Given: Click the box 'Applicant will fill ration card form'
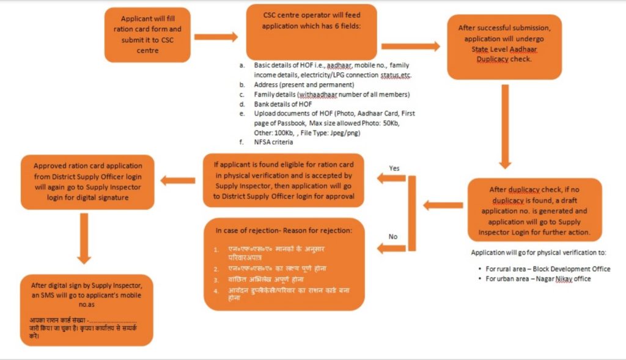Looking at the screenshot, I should [147, 35].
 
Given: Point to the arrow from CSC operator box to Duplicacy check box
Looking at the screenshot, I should [410, 45].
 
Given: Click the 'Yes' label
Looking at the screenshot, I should [394, 168].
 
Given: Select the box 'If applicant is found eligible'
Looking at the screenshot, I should [285, 180].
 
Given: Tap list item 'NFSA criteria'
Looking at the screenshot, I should [274, 142].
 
